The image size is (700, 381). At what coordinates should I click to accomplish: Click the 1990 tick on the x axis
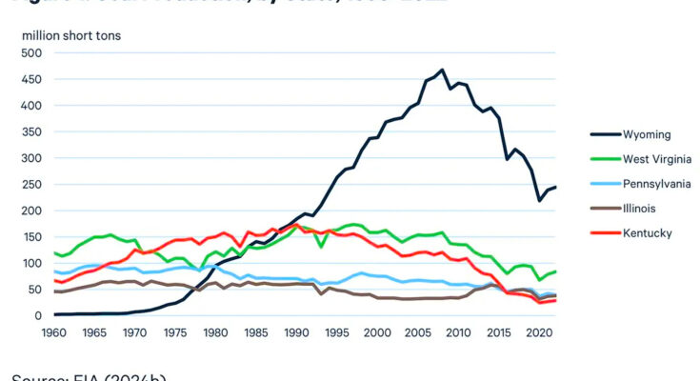click(x=295, y=334)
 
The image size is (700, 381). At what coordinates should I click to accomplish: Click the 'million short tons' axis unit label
click(x=72, y=35)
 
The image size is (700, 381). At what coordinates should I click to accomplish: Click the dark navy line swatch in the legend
click(x=602, y=135)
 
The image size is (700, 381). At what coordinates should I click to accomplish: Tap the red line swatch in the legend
click(x=602, y=232)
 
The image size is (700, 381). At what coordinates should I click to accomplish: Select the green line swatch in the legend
click(x=602, y=159)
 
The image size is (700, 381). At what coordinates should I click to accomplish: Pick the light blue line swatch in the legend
click(x=602, y=184)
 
